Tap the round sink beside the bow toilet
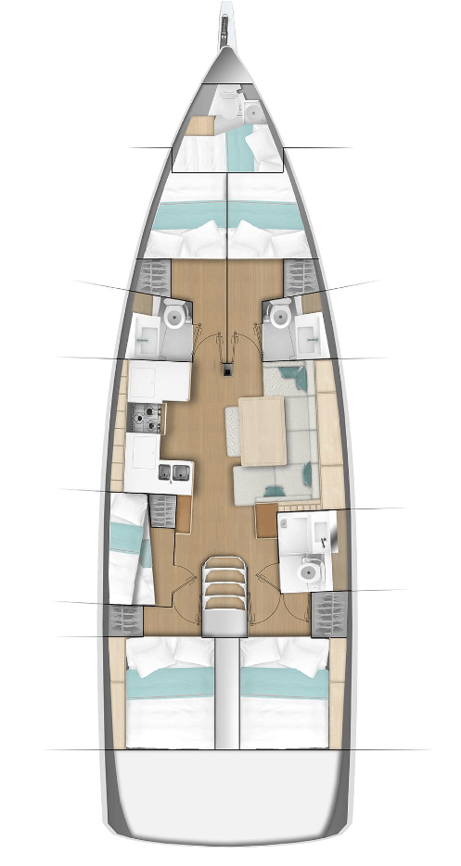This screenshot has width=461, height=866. click(x=251, y=111)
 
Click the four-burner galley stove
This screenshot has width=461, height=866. click(x=147, y=420)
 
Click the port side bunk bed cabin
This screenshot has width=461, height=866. click(x=129, y=549)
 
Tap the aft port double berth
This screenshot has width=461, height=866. click(x=171, y=694)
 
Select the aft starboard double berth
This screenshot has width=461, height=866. click(x=282, y=694)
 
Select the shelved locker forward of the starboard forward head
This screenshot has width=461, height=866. click(x=297, y=275)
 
